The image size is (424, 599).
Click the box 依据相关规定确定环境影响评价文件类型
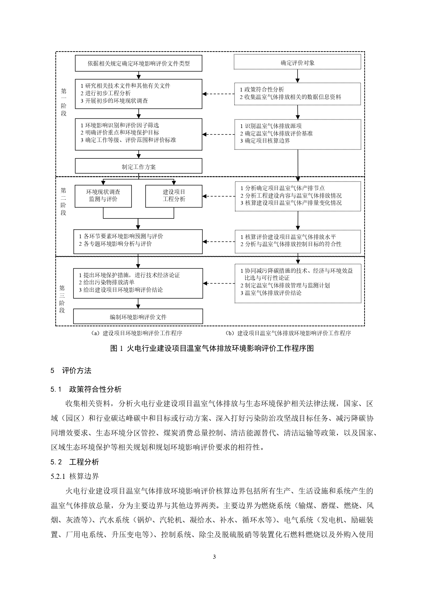[138, 63]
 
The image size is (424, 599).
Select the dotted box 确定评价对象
[297, 62]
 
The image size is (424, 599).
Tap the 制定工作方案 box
[138, 167]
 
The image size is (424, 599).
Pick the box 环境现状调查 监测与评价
[103, 196]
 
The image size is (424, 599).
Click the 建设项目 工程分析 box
[174, 196]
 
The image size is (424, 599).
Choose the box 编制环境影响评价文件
[138, 317]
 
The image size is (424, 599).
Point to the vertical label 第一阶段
[64, 102]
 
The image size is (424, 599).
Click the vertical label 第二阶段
[64, 202]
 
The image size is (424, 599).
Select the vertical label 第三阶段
[62, 299]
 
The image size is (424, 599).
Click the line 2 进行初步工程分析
[106, 93]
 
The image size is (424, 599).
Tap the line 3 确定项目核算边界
[265, 141]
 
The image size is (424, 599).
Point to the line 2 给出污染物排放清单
[107, 282]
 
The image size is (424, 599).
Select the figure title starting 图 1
[212, 348]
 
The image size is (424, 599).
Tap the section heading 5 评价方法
[71, 371]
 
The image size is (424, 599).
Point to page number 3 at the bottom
[214, 557]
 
